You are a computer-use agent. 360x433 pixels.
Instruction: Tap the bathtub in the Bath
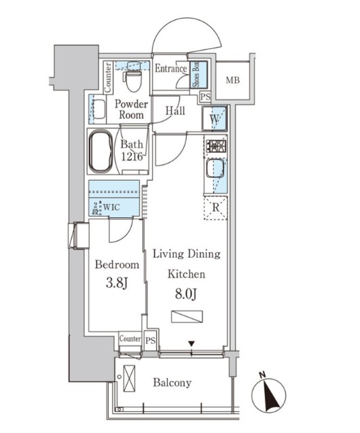pos(101,151)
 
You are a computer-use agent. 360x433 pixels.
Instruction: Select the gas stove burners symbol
pos(217,145)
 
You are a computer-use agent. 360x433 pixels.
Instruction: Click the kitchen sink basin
pos(215,169)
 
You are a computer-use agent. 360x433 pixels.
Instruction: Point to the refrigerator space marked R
pos(216,207)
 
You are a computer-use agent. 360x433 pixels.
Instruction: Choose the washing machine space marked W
pos(215,118)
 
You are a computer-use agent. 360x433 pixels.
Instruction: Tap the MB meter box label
pos(233,80)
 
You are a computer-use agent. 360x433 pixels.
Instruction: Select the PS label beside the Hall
pos(206,97)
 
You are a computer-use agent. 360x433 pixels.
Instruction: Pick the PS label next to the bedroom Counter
pos(150,341)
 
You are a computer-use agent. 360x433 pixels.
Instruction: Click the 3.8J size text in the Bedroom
pos(117,283)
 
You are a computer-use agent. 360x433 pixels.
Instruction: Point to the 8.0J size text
pos(186,294)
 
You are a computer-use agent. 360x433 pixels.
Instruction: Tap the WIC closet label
pos(111,207)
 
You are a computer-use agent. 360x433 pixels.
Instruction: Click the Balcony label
pos(172,383)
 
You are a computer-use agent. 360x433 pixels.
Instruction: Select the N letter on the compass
pos(262,375)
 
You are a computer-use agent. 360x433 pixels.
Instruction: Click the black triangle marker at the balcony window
pos(192,344)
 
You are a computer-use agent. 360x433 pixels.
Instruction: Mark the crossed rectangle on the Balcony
pos(129,379)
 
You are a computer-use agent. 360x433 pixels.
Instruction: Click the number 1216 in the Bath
pos(132,156)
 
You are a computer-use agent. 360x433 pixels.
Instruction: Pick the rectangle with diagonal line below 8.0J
pos(187,317)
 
